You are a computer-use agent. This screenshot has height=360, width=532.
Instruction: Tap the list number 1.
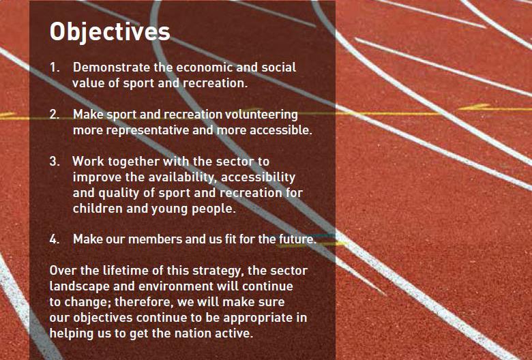pos(55,67)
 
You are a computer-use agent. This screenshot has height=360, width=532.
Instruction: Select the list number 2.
pos(55,115)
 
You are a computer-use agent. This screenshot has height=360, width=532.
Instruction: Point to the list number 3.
pos(55,161)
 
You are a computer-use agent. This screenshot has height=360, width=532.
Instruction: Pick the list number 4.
pos(55,239)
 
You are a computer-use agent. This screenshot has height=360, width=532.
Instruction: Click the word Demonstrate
pos(112,67)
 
